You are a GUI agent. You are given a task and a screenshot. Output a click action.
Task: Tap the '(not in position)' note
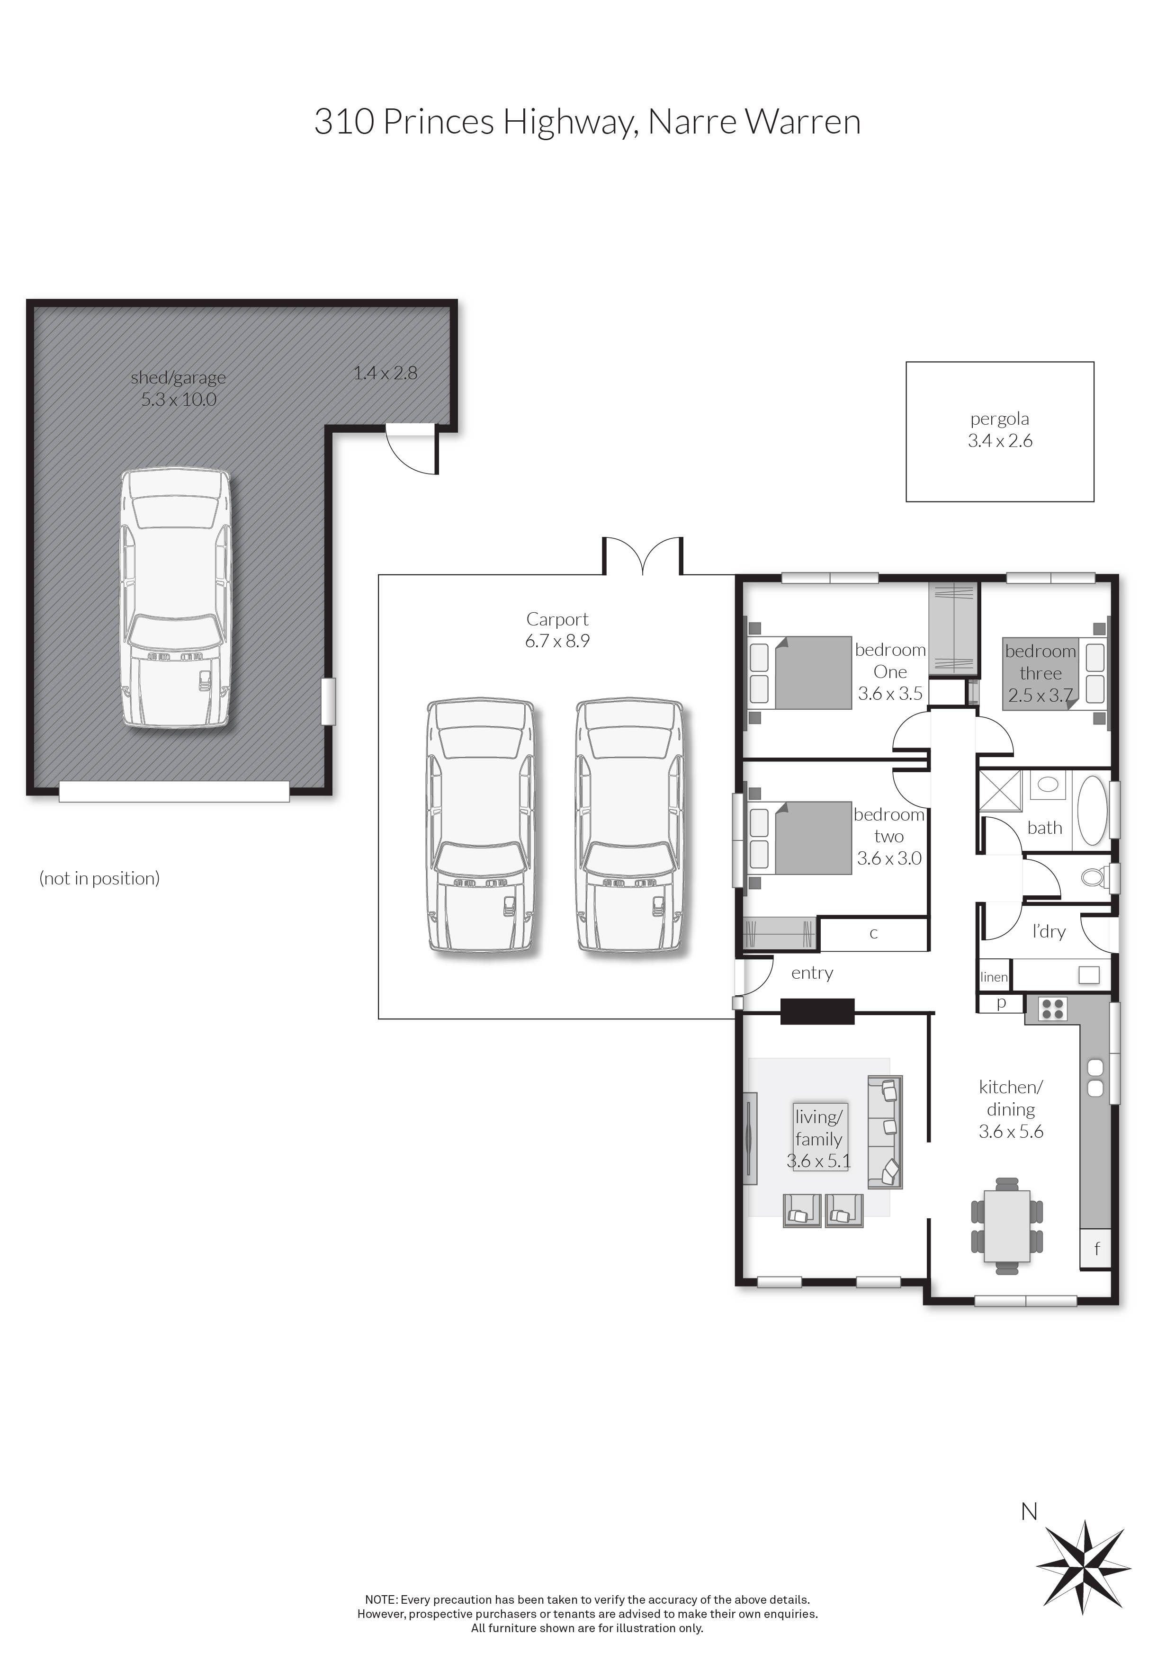[x=99, y=878]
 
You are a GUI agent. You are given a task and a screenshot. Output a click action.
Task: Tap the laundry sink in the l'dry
[x=1088, y=974]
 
